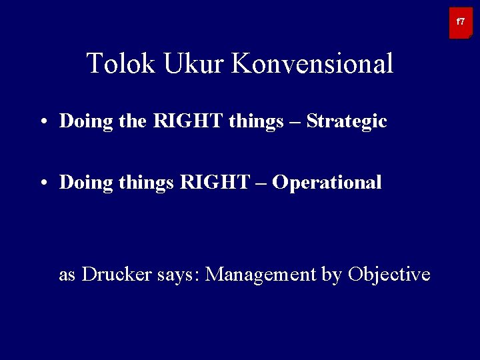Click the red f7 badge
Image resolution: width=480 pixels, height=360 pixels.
[461, 23]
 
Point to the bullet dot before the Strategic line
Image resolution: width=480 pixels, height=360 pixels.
[42, 122]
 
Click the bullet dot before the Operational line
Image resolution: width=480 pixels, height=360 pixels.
[42, 183]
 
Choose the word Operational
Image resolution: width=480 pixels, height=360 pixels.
[327, 183]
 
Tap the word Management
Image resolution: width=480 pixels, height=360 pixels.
[260, 274]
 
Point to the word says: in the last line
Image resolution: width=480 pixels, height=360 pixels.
[179, 275]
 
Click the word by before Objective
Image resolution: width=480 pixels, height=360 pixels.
[331, 275]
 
